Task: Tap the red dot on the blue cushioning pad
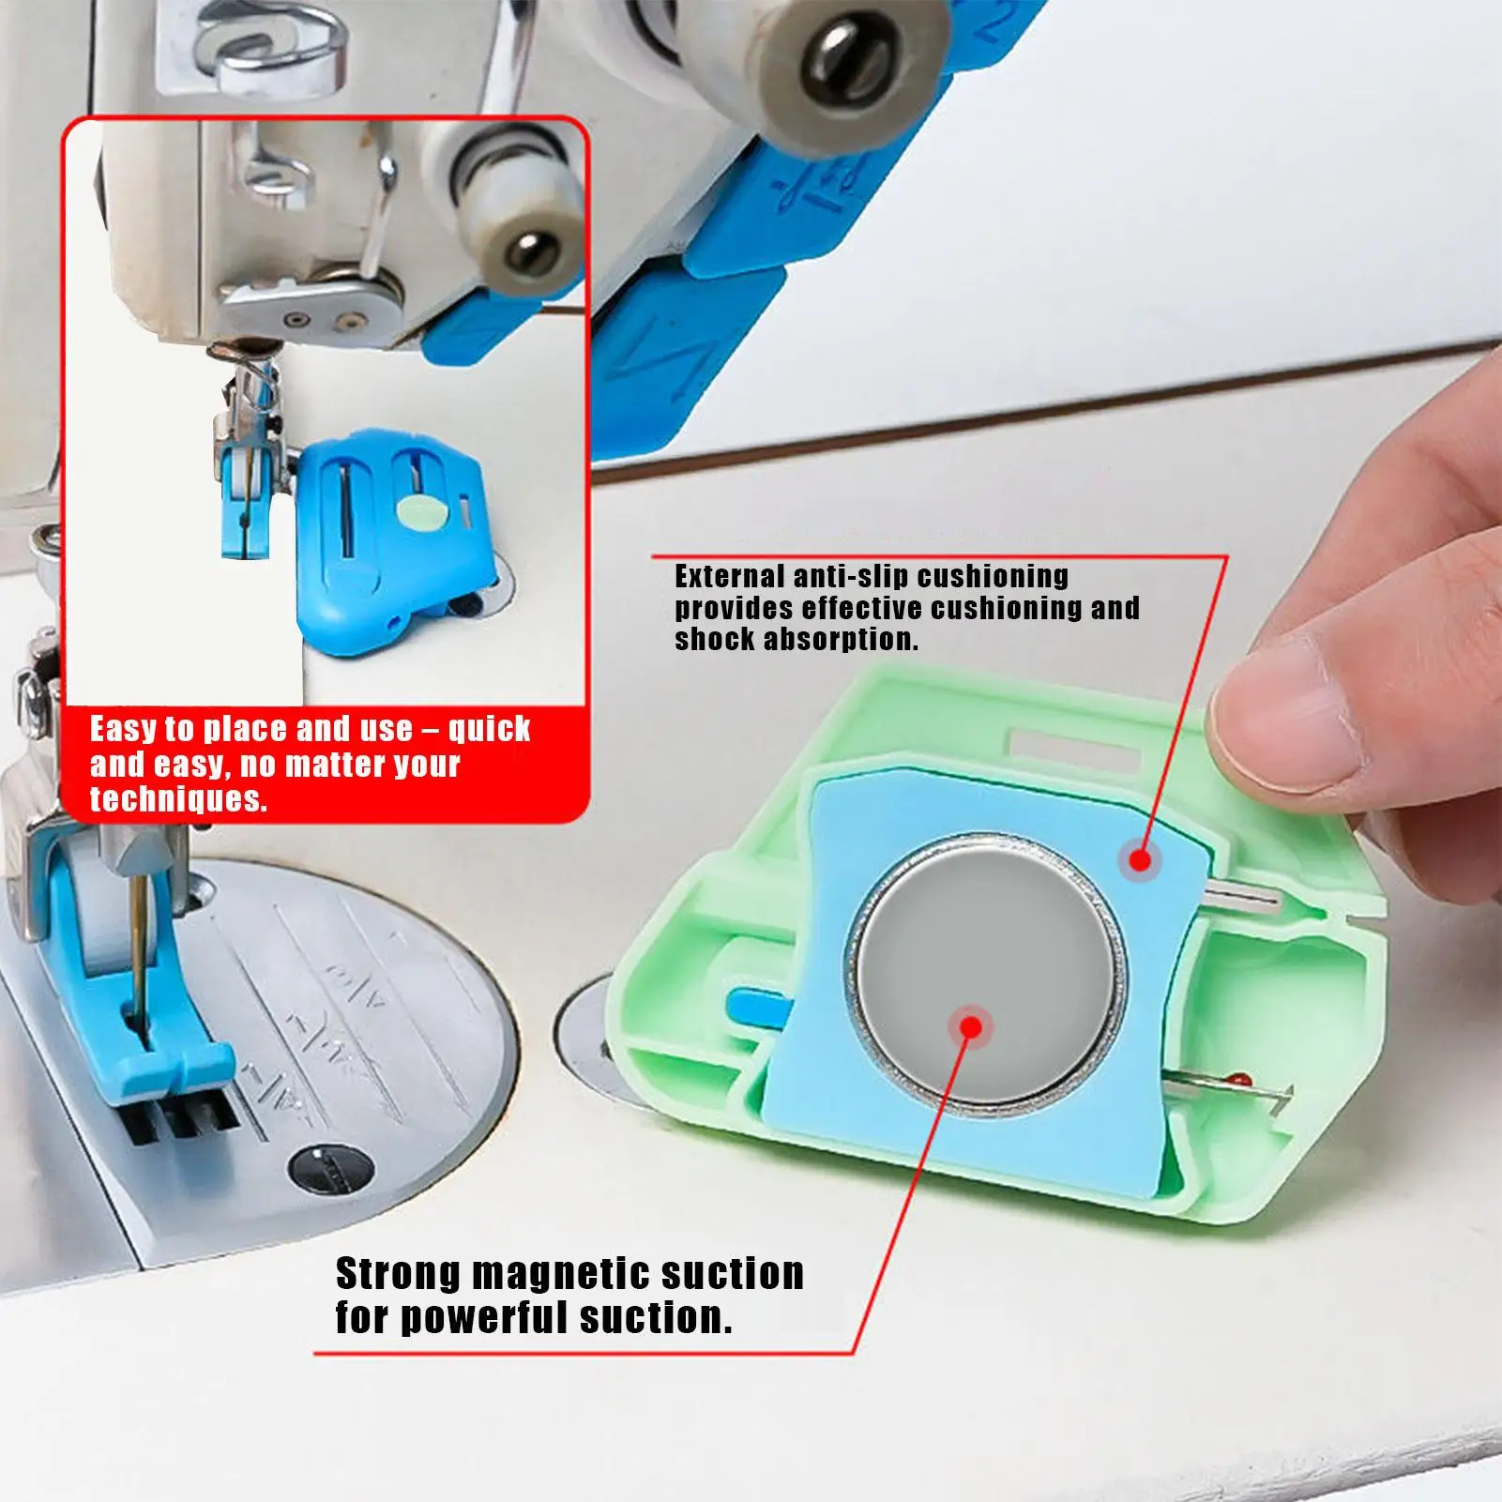1139,858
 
